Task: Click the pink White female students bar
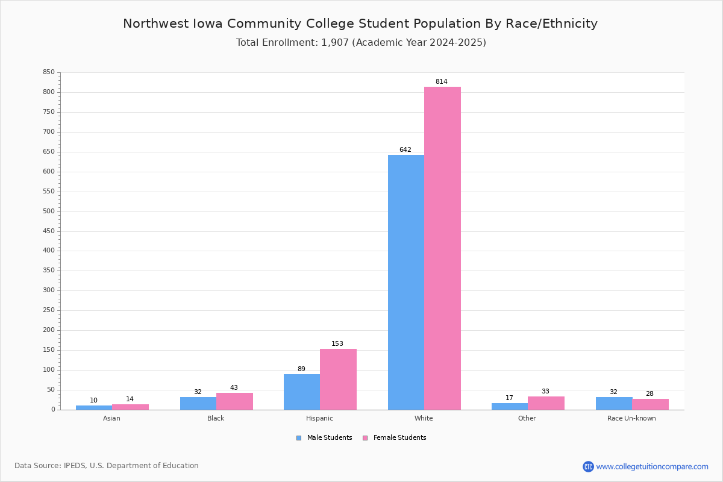click(x=442, y=248)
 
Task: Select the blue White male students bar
click(x=406, y=282)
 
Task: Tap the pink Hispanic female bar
click(x=338, y=379)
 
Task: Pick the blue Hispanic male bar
click(x=302, y=392)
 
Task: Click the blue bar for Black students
click(x=198, y=403)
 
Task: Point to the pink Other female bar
click(x=546, y=403)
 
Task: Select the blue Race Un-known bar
click(x=614, y=403)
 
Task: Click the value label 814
click(x=442, y=82)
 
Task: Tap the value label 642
click(x=405, y=150)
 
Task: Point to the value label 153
click(x=337, y=344)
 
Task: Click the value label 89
click(x=301, y=369)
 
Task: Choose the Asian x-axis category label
click(x=111, y=418)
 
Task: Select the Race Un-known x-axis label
click(x=631, y=418)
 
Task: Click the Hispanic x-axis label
click(x=319, y=418)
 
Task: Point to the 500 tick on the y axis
click(x=48, y=211)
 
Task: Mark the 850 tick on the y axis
click(x=48, y=72)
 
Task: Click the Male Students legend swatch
click(x=299, y=438)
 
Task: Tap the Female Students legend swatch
click(x=365, y=438)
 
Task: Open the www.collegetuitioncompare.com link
click(x=652, y=466)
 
